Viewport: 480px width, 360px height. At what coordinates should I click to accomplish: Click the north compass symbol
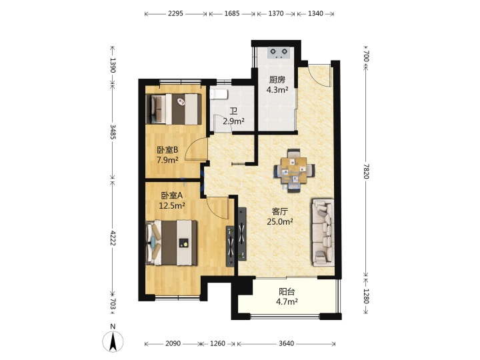click(x=113, y=341)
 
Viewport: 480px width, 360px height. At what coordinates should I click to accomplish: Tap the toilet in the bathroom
click(x=219, y=94)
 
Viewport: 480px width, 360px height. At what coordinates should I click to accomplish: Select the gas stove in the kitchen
click(x=278, y=53)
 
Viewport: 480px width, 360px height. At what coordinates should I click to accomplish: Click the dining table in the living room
click(x=294, y=170)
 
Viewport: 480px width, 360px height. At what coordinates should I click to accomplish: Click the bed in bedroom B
click(x=174, y=109)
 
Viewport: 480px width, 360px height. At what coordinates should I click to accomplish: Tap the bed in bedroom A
click(x=171, y=243)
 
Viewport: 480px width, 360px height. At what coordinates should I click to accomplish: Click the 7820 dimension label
click(x=366, y=171)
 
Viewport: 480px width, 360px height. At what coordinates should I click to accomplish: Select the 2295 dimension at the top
click(x=175, y=13)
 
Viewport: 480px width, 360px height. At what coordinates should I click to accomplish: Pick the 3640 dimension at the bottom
click(x=287, y=343)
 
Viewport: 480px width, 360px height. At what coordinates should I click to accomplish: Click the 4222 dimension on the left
click(x=113, y=238)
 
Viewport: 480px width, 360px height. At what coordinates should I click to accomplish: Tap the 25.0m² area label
click(x=280, y=221)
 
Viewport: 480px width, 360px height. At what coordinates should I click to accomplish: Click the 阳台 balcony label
click(x=287, y=292)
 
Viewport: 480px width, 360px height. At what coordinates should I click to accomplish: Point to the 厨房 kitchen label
click(x=277, y=80)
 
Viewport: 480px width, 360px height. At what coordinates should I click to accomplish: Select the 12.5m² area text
click(x=172, y=205)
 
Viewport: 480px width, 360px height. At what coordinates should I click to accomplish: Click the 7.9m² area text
click(x=167, y=160)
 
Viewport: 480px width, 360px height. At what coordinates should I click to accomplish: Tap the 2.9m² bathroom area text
click(x=233, y=121)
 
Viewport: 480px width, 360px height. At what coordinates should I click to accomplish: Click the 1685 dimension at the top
click(x=232, y=13)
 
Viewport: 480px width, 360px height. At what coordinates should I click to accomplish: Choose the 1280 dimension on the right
click(x=366, y=296)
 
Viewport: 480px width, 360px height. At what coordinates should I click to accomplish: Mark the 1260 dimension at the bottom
click(x=217, y=343)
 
